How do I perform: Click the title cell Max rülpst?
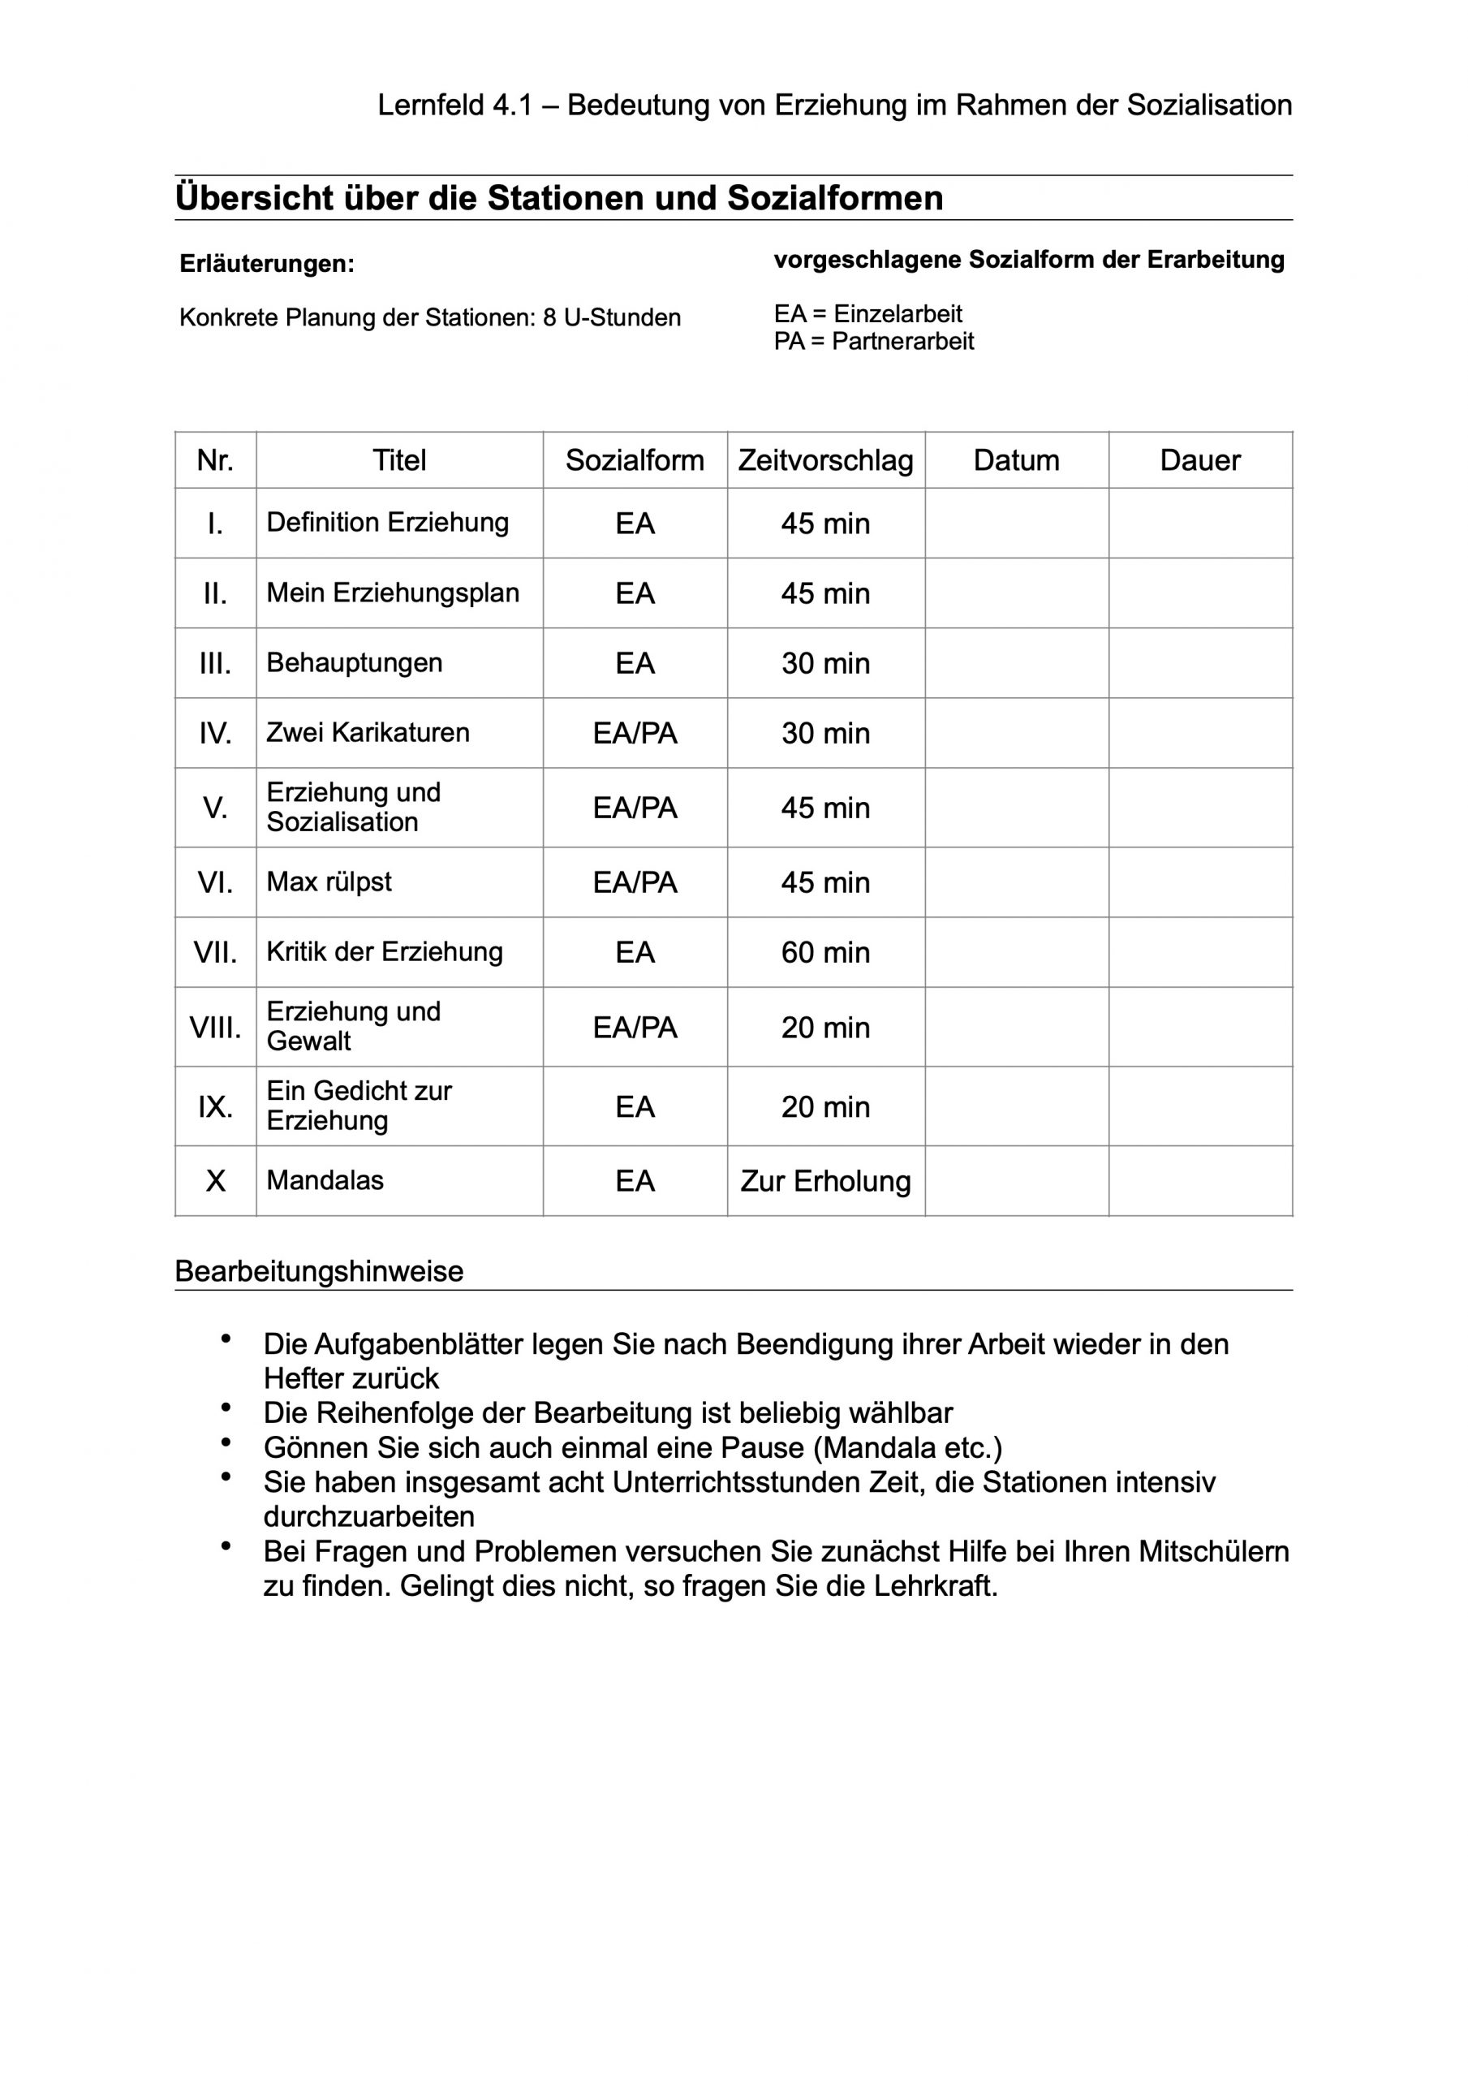[329, 882]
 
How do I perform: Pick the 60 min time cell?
[824, 952]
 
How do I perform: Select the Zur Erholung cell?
[824, 1181]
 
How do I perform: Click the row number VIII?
[214, 1028]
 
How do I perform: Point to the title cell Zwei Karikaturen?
[368, 732]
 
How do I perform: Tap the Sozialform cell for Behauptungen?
[635, 663]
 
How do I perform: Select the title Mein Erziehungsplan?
[393, 593]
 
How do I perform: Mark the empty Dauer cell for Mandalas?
[1199, 1181]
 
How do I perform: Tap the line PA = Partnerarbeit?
[873, 341]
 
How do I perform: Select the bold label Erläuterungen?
[267, 265]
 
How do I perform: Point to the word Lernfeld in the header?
[430, 106]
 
